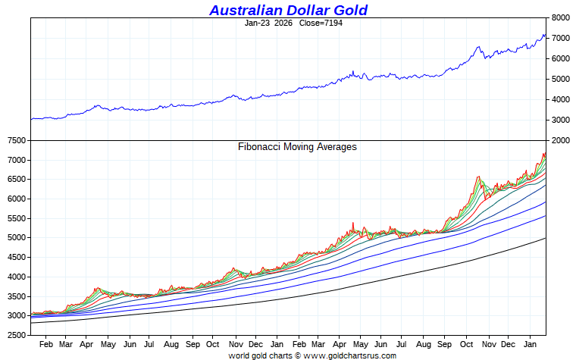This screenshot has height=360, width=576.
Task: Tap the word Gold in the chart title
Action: point(349,10)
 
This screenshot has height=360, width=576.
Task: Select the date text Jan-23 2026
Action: point(270,23)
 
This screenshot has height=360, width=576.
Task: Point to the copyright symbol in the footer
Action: point(298,355)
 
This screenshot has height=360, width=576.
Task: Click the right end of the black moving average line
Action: point(545,239)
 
